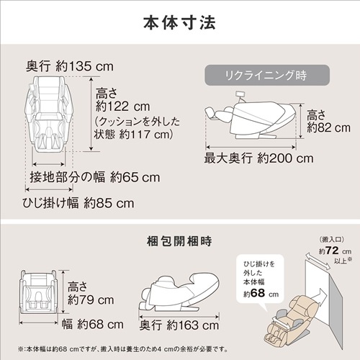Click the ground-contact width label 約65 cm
95,176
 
